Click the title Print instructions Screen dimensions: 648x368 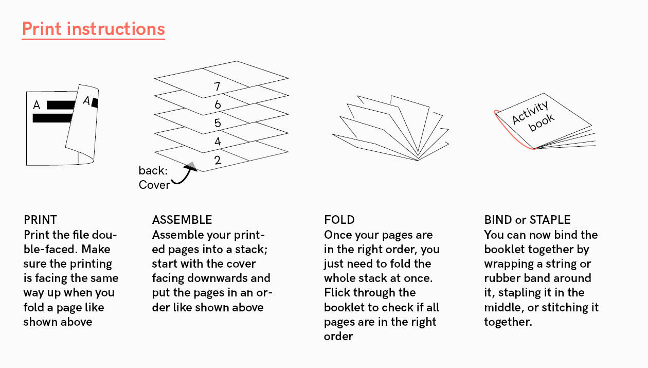[x=94, y=29]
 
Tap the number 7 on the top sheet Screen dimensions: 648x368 [x=217, y=86]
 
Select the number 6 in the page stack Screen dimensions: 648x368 [x=218, y=104]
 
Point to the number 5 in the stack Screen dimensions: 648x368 [x=218, y=123]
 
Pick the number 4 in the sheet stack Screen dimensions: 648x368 [x=218, y=142]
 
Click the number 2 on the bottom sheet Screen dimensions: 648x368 [x=218, y=160]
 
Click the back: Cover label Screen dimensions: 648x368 [x=154, y=178]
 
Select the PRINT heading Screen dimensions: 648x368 [x=40, y=220]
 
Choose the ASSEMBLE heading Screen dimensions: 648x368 [x=182, y=220]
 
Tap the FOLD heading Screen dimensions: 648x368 [x=339, y=220]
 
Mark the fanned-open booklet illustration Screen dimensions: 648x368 [x=390, y=128]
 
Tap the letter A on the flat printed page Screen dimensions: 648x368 [x=37, y=105]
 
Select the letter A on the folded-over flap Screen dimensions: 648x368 [x=86, y=101]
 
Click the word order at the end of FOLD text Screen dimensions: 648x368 [x=338, y=337]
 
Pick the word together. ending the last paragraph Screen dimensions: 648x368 [x=508, y=322]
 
